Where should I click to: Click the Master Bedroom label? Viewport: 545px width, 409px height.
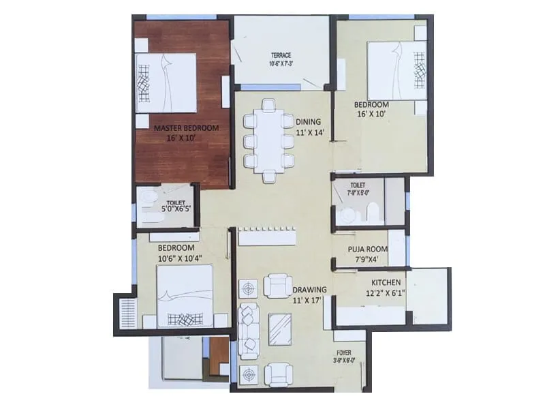(x=186, y=127)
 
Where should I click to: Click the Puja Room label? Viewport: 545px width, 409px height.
(x=367, y=249)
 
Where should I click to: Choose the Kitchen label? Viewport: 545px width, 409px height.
(x=385, y=283)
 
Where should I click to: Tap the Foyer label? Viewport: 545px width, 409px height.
(x=343, y=353)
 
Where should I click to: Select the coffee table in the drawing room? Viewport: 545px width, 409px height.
(x=277, y=330)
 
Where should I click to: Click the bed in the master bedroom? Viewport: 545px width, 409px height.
(x=166, y=82)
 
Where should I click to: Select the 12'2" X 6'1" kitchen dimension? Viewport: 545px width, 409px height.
(x=386, y=294)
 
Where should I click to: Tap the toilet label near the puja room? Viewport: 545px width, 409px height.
(x=358, y=185)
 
